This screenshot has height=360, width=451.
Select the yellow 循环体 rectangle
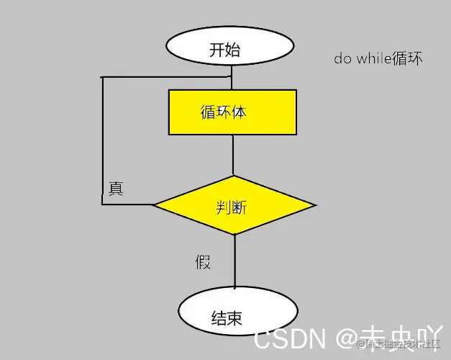tap(232, 112)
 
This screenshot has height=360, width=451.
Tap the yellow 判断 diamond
tap(233, 206)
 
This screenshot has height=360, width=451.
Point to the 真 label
tap(116, 189)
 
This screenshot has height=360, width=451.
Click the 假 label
tap(203, 261)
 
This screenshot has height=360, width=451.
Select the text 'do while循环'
tap(378, 59)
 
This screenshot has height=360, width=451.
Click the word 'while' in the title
tap(373, 59)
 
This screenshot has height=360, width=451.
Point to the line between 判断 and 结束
tap(234, 263)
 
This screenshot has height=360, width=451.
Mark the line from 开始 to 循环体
tap(232, 79)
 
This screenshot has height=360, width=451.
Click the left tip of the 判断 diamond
tap(155, 204)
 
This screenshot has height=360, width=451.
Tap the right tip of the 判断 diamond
tap(314, 206)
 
